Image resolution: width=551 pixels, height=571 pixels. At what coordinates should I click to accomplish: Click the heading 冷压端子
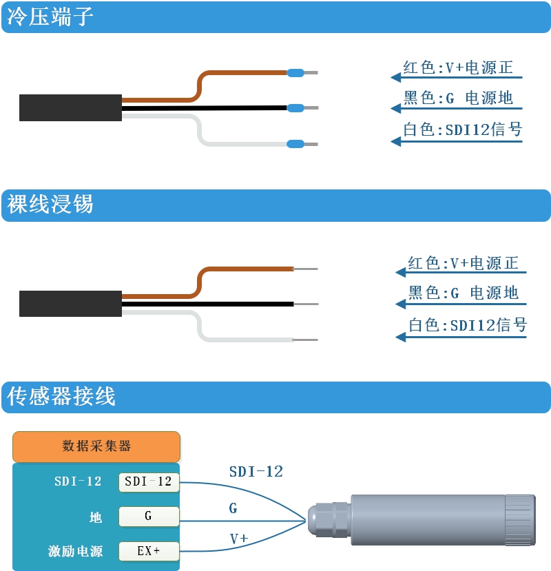50,17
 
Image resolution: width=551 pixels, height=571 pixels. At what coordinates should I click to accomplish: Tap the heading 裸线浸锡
50,204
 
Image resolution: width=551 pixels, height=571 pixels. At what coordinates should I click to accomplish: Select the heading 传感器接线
61,396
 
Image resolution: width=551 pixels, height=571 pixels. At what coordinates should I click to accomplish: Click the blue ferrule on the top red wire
295,73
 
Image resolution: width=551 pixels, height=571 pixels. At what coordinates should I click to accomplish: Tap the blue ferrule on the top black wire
295,107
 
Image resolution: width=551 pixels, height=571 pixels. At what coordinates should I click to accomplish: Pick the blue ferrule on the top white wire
295,144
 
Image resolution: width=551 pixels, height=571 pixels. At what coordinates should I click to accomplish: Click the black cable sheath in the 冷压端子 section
70,107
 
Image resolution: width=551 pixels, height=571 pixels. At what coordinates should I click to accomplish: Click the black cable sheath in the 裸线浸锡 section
70,304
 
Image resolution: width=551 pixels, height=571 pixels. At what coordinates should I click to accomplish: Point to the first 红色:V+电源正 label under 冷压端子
458,68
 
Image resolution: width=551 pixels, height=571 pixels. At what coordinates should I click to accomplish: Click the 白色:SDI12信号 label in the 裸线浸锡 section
468,325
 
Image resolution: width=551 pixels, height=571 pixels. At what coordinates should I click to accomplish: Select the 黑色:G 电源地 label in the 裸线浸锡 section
463,293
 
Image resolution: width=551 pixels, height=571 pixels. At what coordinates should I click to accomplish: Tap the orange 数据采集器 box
96,446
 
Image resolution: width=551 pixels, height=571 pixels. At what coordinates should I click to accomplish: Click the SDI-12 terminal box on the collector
149,481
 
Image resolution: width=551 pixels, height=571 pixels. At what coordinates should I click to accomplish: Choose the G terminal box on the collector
149,516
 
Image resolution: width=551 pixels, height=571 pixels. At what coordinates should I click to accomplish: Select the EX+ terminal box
149,551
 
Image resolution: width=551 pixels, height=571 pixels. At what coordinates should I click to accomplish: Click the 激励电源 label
75,551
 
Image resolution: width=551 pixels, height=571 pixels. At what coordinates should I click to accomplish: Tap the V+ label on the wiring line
239,538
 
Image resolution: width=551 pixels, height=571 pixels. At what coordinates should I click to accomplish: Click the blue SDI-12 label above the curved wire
256,472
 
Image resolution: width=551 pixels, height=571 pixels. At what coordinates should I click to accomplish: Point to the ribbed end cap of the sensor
520,519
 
